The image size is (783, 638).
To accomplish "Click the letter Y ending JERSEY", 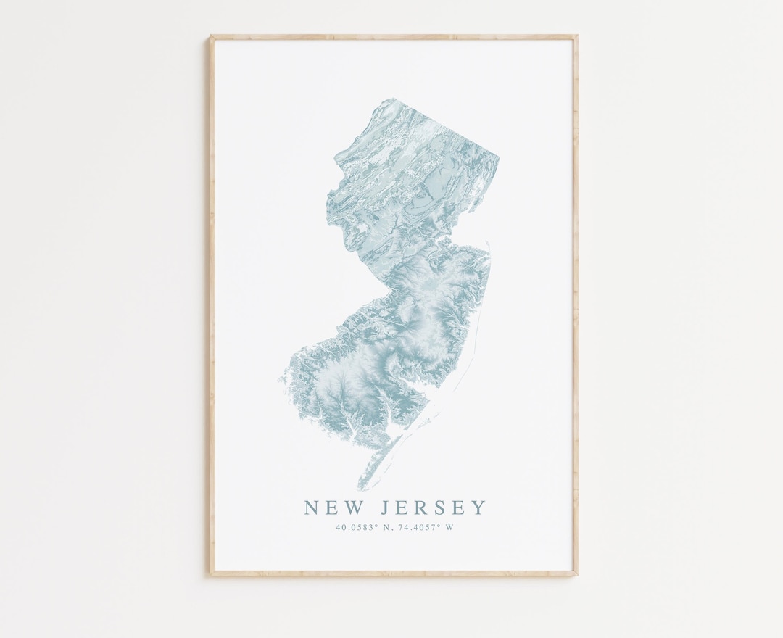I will click(x=479, y=507).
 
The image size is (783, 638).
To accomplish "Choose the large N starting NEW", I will click(x=312, y=507).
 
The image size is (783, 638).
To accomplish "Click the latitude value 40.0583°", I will click(x=357, y=528).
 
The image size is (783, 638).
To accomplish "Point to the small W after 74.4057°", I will click(x=449, y=528).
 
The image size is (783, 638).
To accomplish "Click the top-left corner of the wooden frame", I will click(x=212, y=36).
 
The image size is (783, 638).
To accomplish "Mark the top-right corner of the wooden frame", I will click(x=577, y=36).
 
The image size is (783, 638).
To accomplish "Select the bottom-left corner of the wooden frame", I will click(x=212, y=576).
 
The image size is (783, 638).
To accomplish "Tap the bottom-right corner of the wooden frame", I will click(x=577, y=576).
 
